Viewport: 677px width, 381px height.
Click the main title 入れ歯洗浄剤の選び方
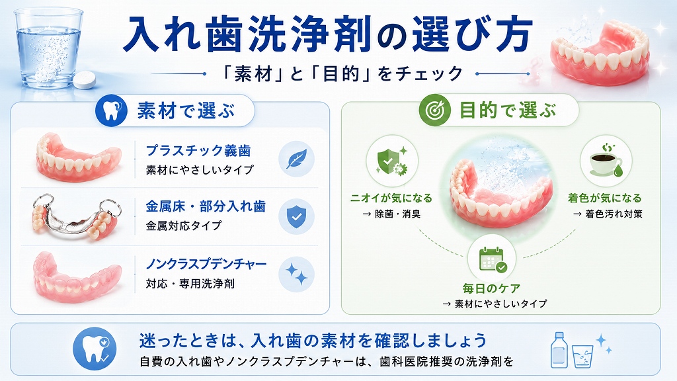point(327,34)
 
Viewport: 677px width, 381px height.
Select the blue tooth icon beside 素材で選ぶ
point(111,110)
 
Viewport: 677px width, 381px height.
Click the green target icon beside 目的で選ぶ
point(434,110)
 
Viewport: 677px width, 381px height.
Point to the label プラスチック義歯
point(198,151)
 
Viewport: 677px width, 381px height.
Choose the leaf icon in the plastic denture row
point(296,159)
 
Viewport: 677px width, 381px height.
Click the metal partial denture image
point(77,217)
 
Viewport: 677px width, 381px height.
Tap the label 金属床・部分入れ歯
point(206,206)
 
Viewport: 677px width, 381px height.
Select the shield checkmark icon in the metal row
point(296,216)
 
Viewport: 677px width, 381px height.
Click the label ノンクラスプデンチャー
point(206,264)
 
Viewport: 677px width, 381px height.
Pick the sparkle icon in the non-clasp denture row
point(296,274)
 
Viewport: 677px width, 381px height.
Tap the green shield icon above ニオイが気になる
point(392,161)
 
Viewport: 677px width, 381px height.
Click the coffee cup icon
point(606,161)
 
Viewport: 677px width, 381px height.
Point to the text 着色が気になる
point(605,198)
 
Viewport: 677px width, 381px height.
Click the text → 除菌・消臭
point(391,214)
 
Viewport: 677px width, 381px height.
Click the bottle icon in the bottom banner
point(559,350)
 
